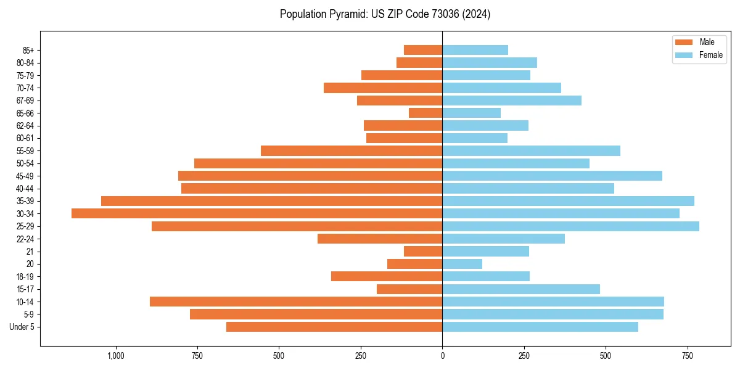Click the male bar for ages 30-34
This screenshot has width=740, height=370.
pyautogui.click(x=257, y=213)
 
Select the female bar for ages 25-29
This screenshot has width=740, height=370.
pyautogui.click(x=570, y=226)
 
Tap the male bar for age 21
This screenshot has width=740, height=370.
pyautogui.click(x=423, y=252)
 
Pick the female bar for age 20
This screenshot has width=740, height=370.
pyautogui.click(x=462, y=264)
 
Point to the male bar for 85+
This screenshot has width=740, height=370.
pyautogui.click(x=423, y=50)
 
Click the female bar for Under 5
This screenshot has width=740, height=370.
pyautogui.click(x=540, y=327)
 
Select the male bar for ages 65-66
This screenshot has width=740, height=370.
pyautogui.click(x=425, y=113)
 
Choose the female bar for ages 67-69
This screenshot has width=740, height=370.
pyautogui.click(x=512, y=101)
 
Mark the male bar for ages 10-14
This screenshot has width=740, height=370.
pyautogui.click(x=296, y=302)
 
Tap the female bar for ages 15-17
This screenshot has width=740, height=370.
pyautogui.click(x=521, y=289)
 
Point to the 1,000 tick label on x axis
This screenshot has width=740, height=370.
pyautogui.click(x=115, y=356)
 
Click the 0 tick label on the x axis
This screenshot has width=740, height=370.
pyautogui.click(x=442, y=356)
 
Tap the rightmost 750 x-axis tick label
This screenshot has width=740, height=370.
pyautogui.click(x=688, y=356)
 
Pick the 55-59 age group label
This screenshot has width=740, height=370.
pyautogui.click(x=25, y=151)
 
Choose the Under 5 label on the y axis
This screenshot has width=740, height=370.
pyautogui.click(x=22, y=327)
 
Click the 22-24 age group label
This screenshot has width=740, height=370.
pyautogui.click(x=25, y=239)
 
